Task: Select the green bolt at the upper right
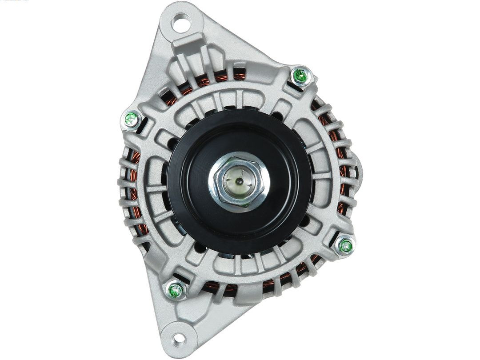coord(301,76)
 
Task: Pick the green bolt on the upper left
coord(131,119)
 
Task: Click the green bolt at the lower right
coord(345,245)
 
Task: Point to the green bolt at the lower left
coord(176,291)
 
